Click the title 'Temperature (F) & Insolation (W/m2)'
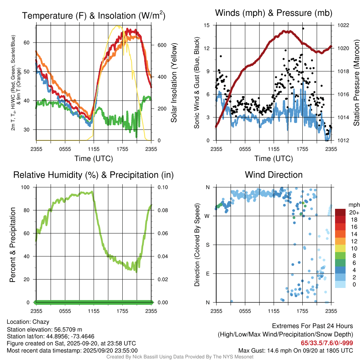94,15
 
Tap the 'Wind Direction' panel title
274,175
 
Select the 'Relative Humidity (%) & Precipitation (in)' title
94,175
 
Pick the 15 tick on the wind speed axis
207,25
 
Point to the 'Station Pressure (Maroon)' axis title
356,83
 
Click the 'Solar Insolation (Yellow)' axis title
174,83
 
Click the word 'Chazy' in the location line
41,322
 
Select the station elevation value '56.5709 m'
68,329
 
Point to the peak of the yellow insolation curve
118,26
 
